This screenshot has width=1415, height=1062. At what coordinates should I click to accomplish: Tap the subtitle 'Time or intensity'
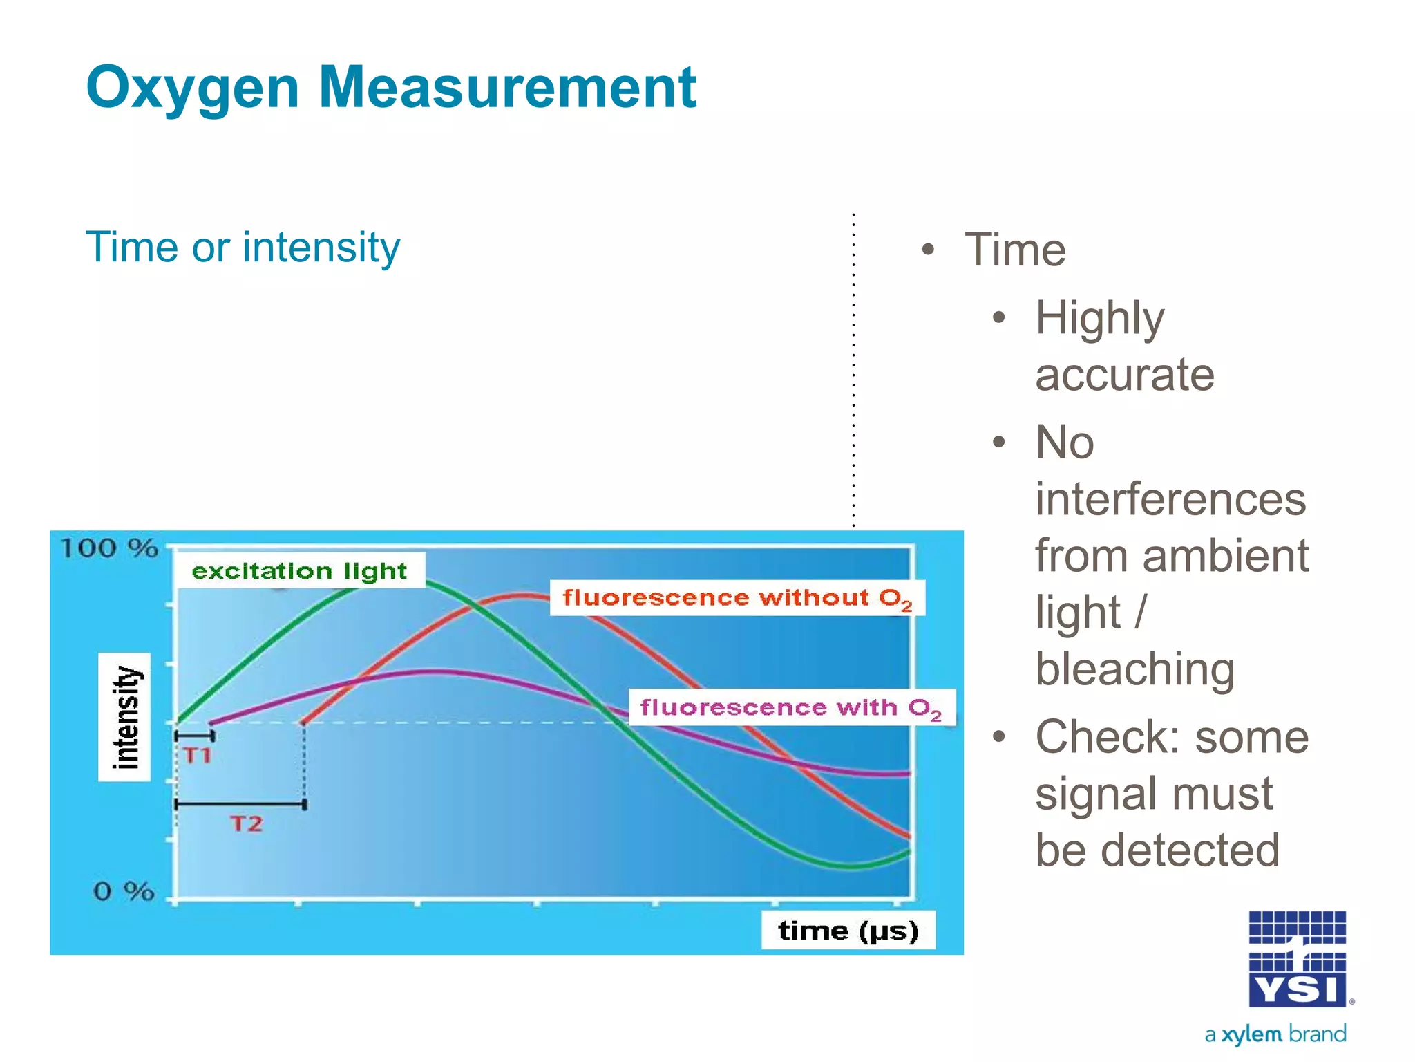point(243,248)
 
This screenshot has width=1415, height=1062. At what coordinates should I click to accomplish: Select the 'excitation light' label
point(299,571)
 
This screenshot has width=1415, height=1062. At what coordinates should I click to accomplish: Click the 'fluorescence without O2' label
point(737,598)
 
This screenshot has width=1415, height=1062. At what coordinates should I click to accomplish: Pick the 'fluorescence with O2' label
point(790,707)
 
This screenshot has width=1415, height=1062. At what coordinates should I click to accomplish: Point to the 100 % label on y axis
point(109,549)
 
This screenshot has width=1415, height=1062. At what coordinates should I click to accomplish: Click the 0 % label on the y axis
point(123,891)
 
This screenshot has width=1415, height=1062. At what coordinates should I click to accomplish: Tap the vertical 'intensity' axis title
point(125,717)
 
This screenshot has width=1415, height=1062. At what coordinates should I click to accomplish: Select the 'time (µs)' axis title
point(848,931)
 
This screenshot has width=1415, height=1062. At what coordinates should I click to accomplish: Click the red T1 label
point(198,755)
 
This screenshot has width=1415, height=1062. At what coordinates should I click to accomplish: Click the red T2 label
point(247,823)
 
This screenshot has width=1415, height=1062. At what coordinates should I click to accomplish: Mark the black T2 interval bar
point(240,804)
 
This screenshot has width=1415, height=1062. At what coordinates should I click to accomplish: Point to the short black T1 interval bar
point(194,736)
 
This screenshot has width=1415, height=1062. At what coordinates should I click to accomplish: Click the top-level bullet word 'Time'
point(1015,250)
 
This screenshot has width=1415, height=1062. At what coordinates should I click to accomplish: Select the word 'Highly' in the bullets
point(1099,319)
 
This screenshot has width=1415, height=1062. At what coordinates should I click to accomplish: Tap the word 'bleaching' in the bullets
point(1134,669)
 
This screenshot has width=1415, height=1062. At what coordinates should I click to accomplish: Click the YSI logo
point(1297,960)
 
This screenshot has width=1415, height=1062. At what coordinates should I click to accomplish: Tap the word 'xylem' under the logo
point(1251,1034)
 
